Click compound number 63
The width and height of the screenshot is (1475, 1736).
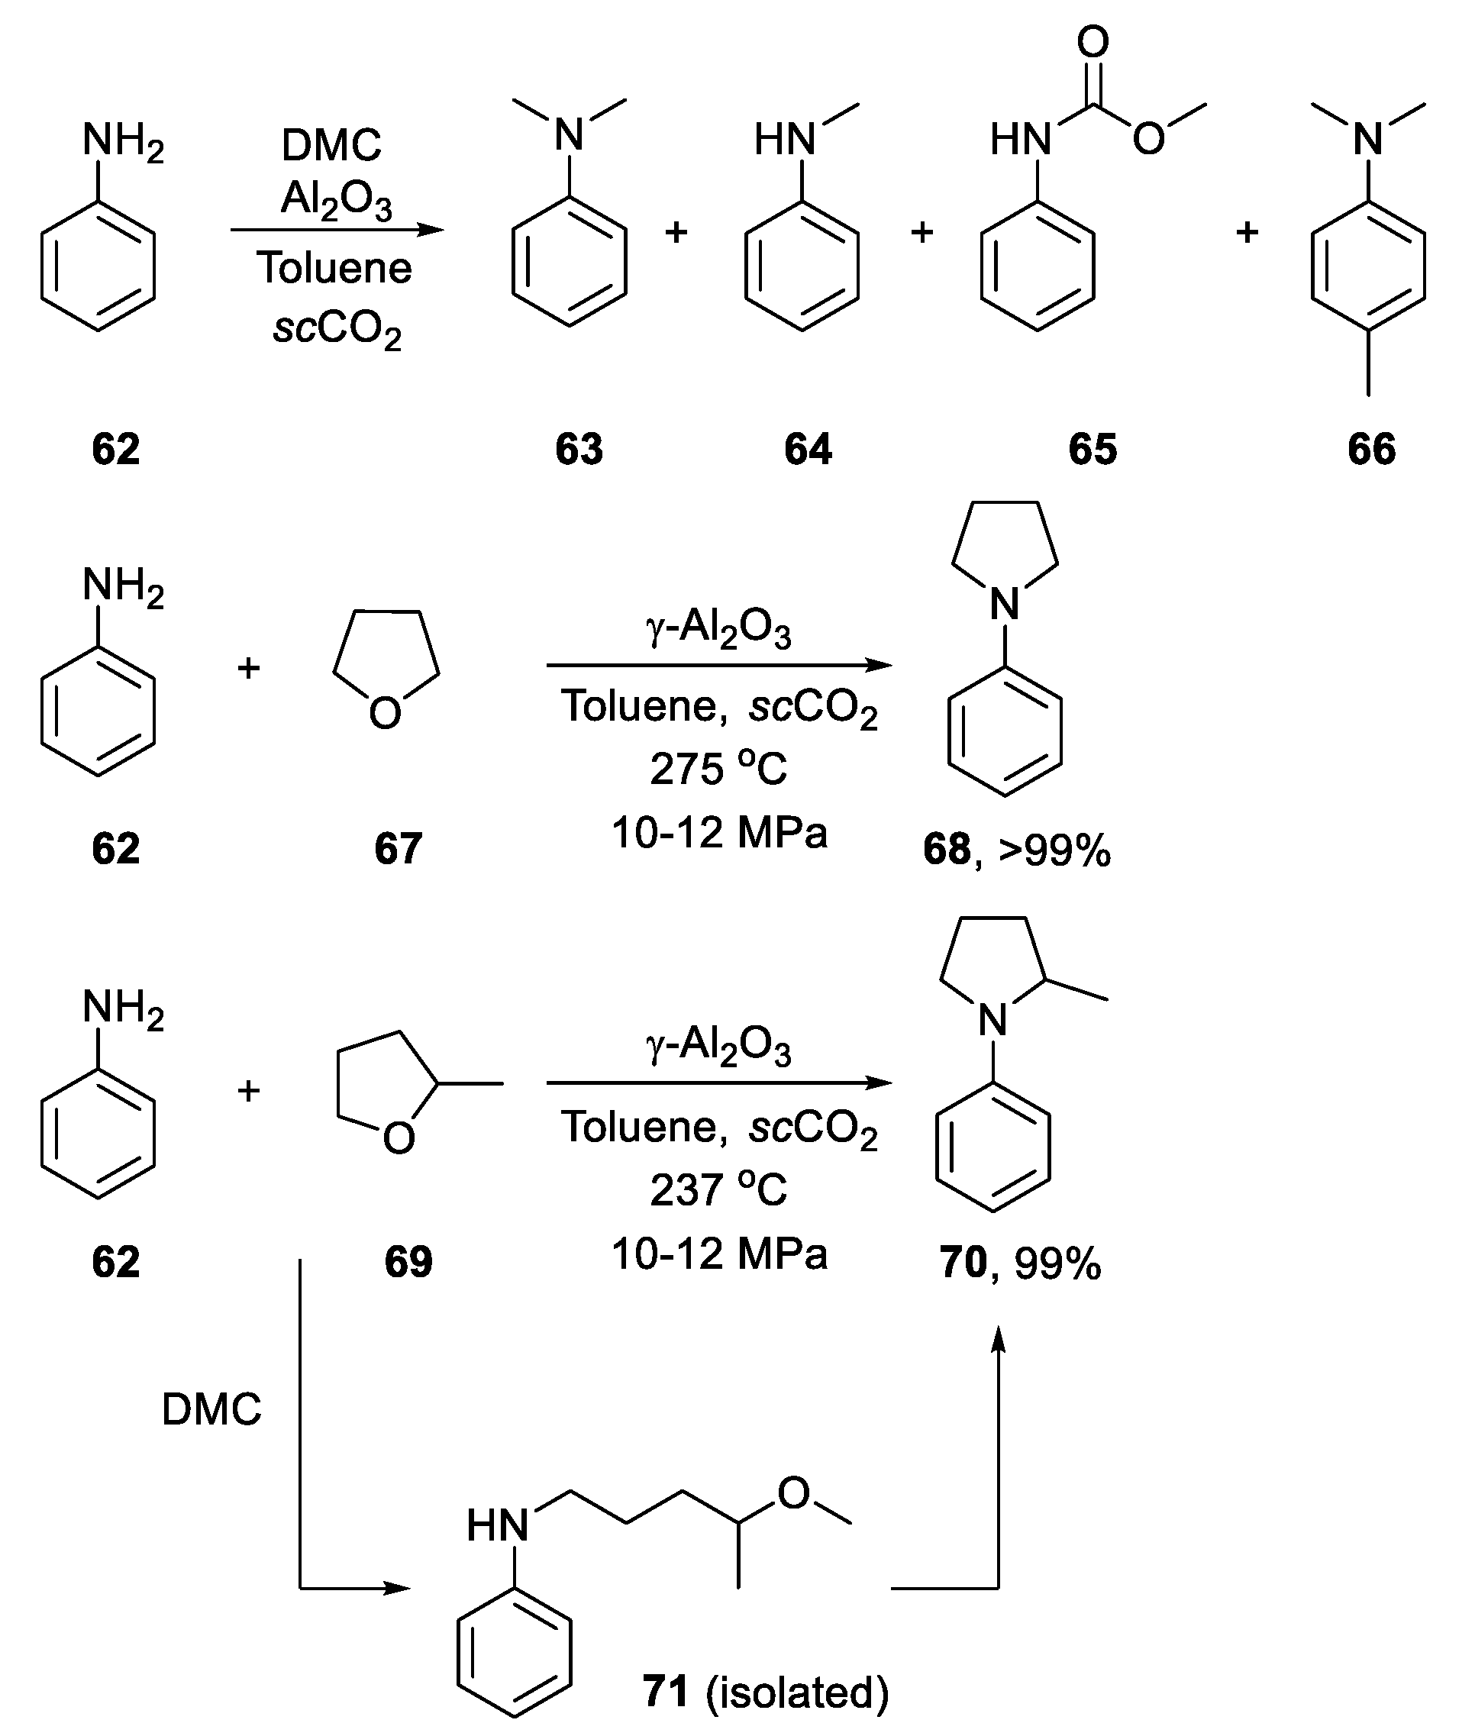[579, 449]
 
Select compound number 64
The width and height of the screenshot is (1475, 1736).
[808, 449]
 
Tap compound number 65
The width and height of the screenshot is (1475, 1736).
[1092, 449]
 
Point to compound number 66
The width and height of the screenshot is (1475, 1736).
[1371, 449]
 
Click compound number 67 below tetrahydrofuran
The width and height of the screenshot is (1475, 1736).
[398, 848]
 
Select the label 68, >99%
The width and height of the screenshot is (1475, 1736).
[1017, 850]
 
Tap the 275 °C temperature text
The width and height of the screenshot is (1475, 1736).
[719, 769]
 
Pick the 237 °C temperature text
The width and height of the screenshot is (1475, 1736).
[719, 1189]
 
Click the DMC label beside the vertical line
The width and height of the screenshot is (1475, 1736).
[211, 1409]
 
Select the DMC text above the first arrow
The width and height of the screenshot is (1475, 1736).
[331, 146]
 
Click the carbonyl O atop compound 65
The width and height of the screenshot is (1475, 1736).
[1093, 42]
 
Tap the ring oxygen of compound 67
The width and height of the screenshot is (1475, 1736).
[385, 714]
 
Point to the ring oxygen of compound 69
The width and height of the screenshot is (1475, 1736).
[398, 1138]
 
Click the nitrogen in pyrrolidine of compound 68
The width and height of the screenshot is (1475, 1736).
[1004, 604]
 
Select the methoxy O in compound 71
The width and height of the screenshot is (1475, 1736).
[793, 1492]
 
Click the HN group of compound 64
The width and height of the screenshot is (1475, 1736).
[784, 139]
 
